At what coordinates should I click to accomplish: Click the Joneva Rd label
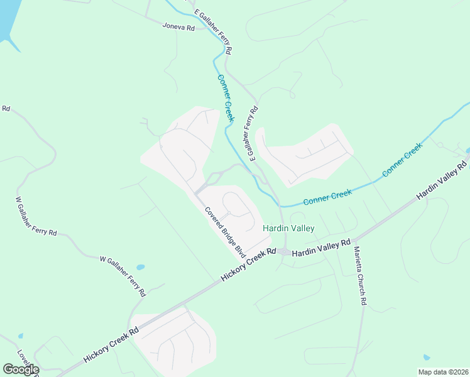(x=178, y=27)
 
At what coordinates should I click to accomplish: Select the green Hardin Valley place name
(x=288, y=228)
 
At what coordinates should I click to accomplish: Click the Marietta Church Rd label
(x=359, y=276)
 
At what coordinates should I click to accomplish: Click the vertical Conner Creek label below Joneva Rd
(x=226, y=98)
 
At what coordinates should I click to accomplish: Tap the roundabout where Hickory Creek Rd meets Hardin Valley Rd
(x=284, y=252)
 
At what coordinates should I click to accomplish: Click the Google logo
(x=21, y=369)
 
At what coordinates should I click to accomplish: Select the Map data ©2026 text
(x=443, y=372)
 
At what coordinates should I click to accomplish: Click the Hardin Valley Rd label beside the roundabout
(x=321, y=247)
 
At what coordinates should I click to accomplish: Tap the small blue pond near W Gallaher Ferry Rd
(x=140, y=267)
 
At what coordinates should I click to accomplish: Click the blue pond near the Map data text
(x=427, y=358)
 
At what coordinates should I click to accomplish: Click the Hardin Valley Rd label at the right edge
(x=443, y=182)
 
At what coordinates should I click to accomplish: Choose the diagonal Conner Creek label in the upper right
(x=402, y=160)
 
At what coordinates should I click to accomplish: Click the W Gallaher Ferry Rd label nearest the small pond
(x=123, y=276)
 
